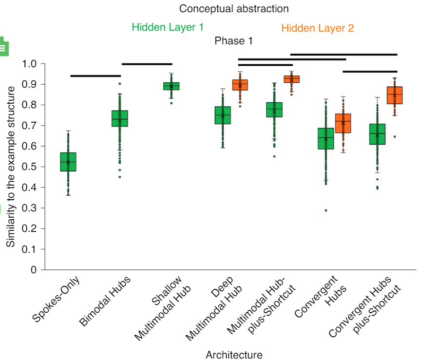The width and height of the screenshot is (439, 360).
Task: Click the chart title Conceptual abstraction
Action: pos(234,9)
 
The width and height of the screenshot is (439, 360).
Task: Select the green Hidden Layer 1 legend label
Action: pos(168,27)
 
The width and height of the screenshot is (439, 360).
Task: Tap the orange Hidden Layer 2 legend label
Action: pos(318,28)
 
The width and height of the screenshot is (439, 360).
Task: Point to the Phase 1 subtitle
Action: pos(233,41)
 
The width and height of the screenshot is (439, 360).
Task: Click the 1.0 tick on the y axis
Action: pos(29,64)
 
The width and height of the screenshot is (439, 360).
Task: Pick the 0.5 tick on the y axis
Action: pos(29,167)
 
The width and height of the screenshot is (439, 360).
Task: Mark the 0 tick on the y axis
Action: pos(34,270)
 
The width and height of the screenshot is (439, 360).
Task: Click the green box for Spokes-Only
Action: pos(68,162)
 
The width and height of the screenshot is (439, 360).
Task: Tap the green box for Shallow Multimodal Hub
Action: pos(171,86)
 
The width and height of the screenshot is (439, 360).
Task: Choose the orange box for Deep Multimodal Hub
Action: pos(240,85)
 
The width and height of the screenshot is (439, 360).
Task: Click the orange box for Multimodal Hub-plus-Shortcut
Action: pos(291,79)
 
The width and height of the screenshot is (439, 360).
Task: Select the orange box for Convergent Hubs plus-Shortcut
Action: pos(395,95)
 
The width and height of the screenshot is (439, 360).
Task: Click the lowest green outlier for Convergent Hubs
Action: pos(326,210)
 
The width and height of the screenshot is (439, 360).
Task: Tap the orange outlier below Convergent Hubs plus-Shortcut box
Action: pos(395,137)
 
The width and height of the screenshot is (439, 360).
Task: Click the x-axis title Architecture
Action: pos(234,355)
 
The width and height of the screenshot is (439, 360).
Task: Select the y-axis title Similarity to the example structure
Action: pos(11,166)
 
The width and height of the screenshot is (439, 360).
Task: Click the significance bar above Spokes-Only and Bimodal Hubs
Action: pos(95,76)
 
